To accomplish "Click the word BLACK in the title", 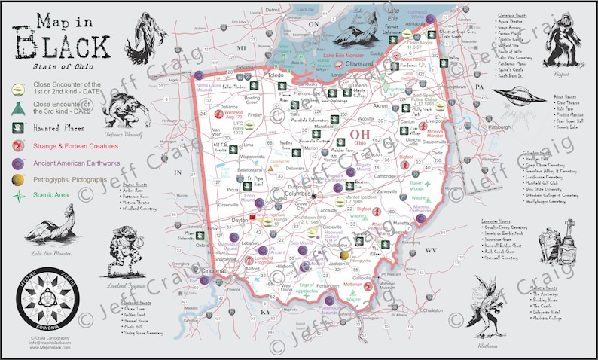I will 63,47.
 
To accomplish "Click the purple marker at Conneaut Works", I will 429,20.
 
